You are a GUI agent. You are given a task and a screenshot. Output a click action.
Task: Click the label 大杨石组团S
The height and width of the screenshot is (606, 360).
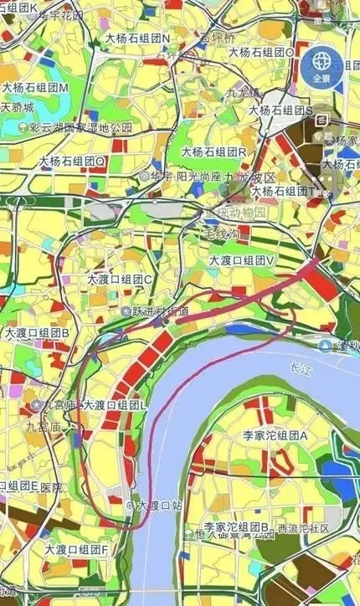pos(280,110)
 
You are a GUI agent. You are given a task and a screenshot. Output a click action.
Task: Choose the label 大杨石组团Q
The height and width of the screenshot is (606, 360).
pos(72,161)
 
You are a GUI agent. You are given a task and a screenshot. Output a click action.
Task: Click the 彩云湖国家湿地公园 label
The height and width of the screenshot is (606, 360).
pos(80,127)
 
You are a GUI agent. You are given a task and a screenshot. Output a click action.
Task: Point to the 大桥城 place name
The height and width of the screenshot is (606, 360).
pos(18,108)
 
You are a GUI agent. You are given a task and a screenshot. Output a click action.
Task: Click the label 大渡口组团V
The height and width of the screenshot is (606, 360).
pos(243,261)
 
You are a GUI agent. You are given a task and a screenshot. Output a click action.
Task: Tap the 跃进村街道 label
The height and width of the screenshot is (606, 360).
pos(161,311)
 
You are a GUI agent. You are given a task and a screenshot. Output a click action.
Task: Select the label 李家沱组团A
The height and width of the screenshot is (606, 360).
pos(275,436)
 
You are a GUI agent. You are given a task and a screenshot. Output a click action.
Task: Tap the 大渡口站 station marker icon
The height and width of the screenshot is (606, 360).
pos(129,506)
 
